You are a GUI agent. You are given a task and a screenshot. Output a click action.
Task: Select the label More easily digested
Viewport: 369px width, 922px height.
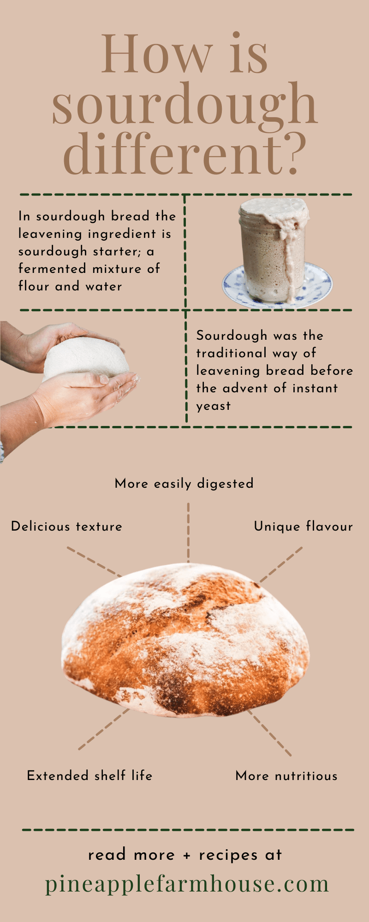coord(184,484)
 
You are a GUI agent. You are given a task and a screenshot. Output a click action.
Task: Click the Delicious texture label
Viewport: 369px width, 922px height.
coord(66,526)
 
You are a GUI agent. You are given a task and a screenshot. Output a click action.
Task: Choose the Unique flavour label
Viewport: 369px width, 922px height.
coord(303,526)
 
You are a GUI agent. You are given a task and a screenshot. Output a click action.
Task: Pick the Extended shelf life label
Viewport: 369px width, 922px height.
coord(89,775)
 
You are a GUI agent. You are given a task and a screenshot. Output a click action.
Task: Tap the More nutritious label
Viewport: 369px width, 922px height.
coord(286,776)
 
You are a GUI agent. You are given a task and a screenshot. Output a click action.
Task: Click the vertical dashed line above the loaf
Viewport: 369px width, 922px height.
coord(188,532)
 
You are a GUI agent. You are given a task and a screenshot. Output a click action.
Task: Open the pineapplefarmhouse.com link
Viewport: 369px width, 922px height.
coord(187,884)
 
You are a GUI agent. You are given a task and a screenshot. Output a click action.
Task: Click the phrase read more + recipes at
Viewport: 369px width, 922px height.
coord(184,855)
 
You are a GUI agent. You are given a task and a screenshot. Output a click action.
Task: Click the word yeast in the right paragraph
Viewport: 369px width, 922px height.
coord(213,406)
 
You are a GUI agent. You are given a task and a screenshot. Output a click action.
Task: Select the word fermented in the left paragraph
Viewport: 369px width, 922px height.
coord(52,269)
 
